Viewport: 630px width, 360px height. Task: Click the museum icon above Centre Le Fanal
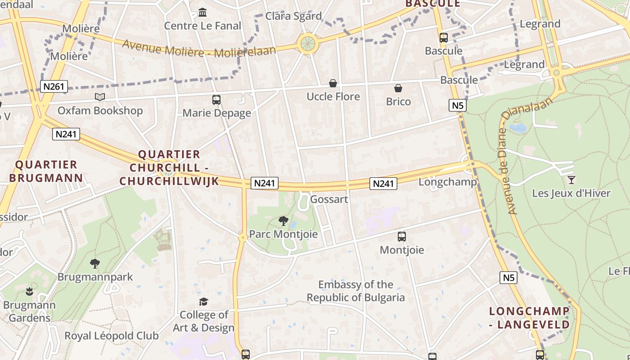[202, 12]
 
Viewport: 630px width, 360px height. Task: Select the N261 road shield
[54, 86]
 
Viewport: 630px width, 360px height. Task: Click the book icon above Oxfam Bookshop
[100, 97]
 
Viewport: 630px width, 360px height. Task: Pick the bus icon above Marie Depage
[216, 99]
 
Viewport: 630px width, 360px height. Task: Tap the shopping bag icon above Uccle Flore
[333, 83]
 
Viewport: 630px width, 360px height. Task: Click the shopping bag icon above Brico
[398, 88]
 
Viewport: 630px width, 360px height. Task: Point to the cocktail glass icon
[571, 180]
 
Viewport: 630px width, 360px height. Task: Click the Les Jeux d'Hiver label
[571, 193]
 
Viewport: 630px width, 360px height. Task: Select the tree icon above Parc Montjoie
[283, 220]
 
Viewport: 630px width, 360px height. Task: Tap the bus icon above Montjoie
[402, 236]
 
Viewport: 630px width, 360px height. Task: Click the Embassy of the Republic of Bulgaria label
[355, 291]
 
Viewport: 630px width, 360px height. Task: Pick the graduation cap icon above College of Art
[204, 301]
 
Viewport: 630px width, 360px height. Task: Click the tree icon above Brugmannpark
[94, 263]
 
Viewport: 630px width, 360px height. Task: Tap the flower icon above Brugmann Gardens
[30, 292]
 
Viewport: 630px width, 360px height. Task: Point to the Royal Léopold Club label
[111, 336]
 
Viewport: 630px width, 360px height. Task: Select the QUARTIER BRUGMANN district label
[46, 171]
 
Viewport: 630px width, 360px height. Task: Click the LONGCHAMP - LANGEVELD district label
[529, 318]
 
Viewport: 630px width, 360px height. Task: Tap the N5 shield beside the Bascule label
[457, 106]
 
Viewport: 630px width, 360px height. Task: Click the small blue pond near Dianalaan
[518, 128]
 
